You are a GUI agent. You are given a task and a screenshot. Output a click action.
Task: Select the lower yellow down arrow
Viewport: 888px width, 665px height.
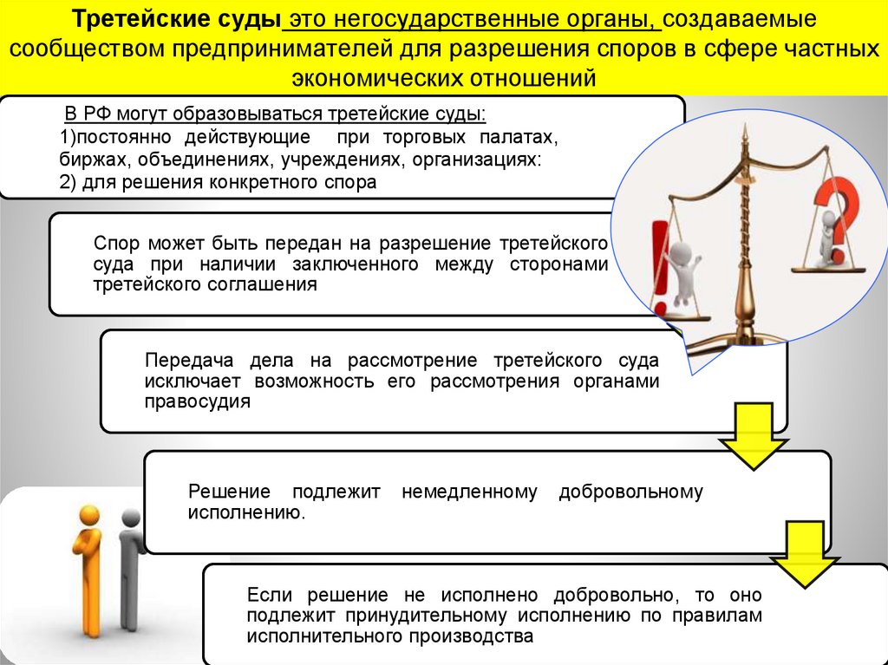click(803, 554)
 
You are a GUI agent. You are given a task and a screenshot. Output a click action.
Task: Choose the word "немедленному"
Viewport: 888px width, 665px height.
click(469, 492)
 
